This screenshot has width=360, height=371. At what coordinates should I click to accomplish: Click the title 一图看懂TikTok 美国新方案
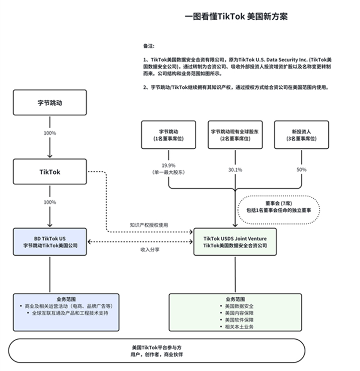coord(236,17)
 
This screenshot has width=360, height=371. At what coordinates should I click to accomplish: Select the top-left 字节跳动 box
coord(50,103)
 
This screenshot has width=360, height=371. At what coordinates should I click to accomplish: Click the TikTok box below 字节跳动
coord(50,172)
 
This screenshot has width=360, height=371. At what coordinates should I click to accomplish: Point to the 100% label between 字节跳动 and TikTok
coord(50,133)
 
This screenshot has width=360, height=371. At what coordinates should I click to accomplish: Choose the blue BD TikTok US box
coord(50,241)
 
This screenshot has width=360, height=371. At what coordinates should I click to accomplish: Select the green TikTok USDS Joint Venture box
coord(235,241)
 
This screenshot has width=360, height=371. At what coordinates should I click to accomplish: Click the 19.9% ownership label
coord(168,165)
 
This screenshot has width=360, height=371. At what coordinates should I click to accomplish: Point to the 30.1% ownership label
coord(235,169)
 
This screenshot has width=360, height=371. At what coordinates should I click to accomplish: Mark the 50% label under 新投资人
coord(301,169)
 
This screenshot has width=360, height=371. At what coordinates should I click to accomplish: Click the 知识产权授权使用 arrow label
coord(149,225)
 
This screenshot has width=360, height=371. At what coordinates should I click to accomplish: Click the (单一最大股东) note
coord(168,171)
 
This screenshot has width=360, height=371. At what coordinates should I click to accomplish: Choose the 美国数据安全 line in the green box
coord(235,306)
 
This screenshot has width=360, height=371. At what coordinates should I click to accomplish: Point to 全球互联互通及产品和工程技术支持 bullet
coord(67,313)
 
